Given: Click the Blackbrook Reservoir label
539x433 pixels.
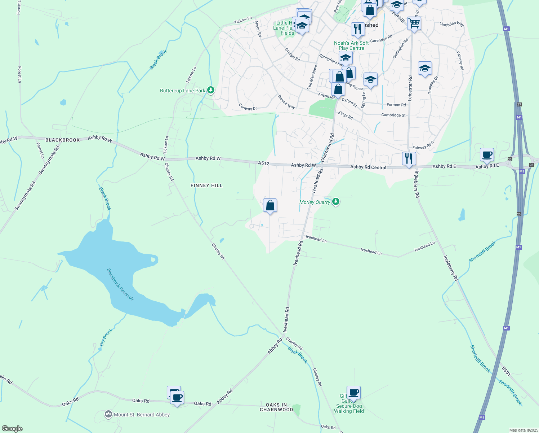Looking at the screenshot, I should pos(120,284).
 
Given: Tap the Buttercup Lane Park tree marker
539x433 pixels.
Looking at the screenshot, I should pos(211,90).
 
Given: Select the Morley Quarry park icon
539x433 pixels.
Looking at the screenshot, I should pos(336,201).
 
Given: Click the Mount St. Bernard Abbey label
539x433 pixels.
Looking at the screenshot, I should pos(142,415).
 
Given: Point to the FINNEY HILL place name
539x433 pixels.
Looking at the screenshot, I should pos(206,185).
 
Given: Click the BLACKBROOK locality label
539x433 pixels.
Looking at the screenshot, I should pos(63,140).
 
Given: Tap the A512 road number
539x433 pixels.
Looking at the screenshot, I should pos(263,163).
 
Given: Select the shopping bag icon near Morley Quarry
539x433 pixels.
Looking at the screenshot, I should pos(270,206).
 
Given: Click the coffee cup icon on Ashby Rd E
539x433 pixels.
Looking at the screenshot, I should pos(487,155).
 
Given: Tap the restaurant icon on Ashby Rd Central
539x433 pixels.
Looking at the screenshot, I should pos(409,159).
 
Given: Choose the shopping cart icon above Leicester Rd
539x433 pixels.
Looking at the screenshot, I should pos(414,23).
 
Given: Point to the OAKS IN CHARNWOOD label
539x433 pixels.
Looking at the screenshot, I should pos(276,407).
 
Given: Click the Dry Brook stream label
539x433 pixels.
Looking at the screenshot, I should pos(106,337).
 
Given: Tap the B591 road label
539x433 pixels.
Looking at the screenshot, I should pos(506,371).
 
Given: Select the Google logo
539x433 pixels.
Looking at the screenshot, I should pos(12,429).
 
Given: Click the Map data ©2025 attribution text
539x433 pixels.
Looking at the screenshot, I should pos(523,430).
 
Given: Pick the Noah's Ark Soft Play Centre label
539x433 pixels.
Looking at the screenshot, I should pos(351,45).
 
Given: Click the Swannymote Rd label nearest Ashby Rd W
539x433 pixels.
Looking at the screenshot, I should pos(49,161).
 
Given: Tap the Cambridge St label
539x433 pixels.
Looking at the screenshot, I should pos(393,115).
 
